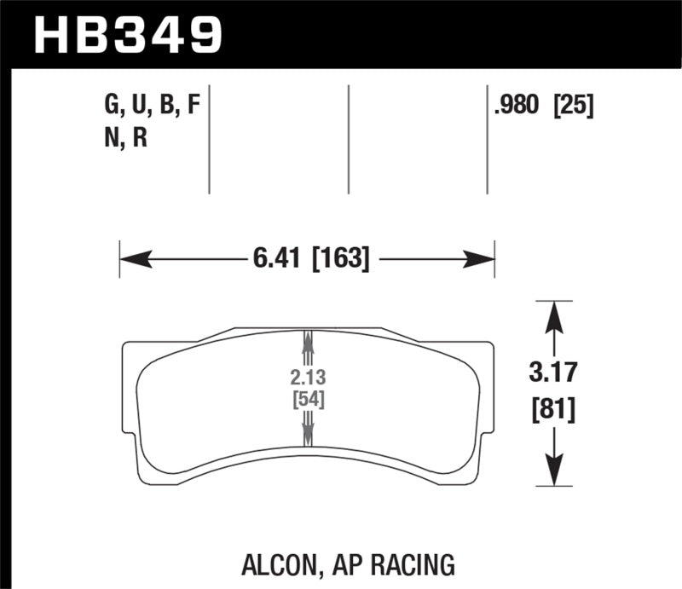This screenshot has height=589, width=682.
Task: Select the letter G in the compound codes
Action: [x=109, y=107]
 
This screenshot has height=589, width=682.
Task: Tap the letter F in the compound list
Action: [x=194, y=107]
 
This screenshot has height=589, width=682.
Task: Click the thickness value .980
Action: [x=516, y=107]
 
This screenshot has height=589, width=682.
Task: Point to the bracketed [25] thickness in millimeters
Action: [x=573, y=107]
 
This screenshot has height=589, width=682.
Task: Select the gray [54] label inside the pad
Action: [x=307, y=400]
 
